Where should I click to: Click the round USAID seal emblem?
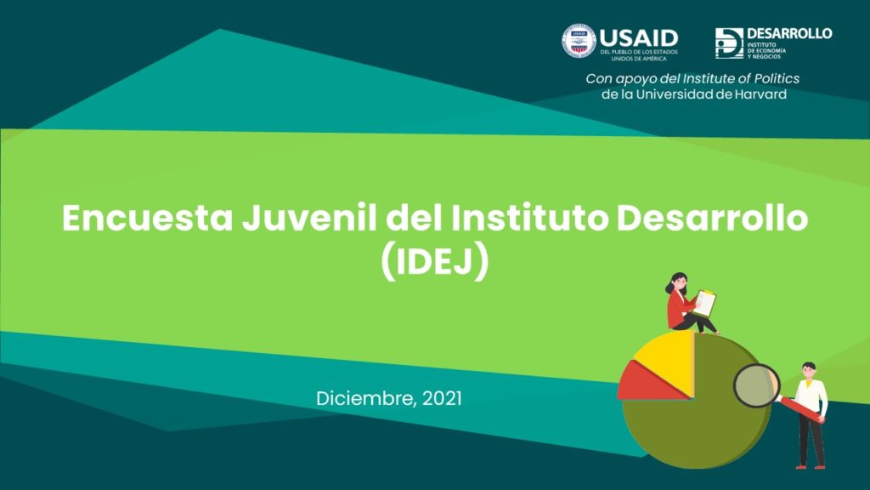click(579, 41)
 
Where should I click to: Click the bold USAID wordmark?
click(639, 38)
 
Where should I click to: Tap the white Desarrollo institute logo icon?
click(729, 43)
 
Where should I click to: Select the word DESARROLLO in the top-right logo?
click(789, 33)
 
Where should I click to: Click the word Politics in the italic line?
click(777, 78)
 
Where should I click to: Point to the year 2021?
click(442, 398)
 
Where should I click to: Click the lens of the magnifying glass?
click(757, 385)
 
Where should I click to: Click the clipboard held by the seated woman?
click(704, 304)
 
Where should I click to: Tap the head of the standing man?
click(809, 372)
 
